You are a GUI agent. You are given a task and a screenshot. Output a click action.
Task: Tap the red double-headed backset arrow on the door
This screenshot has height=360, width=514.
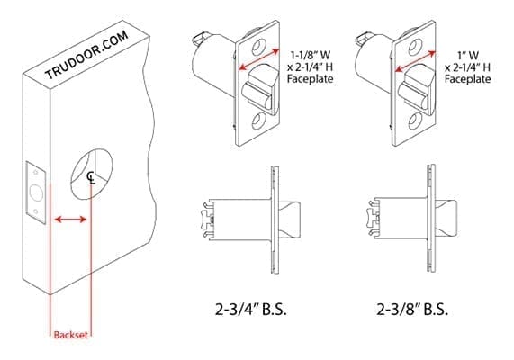point(69,219)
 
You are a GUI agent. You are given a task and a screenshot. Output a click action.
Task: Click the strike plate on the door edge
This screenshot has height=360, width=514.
point(33,192)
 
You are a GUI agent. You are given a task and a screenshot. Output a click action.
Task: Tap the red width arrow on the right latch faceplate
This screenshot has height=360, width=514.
point(419,64)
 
